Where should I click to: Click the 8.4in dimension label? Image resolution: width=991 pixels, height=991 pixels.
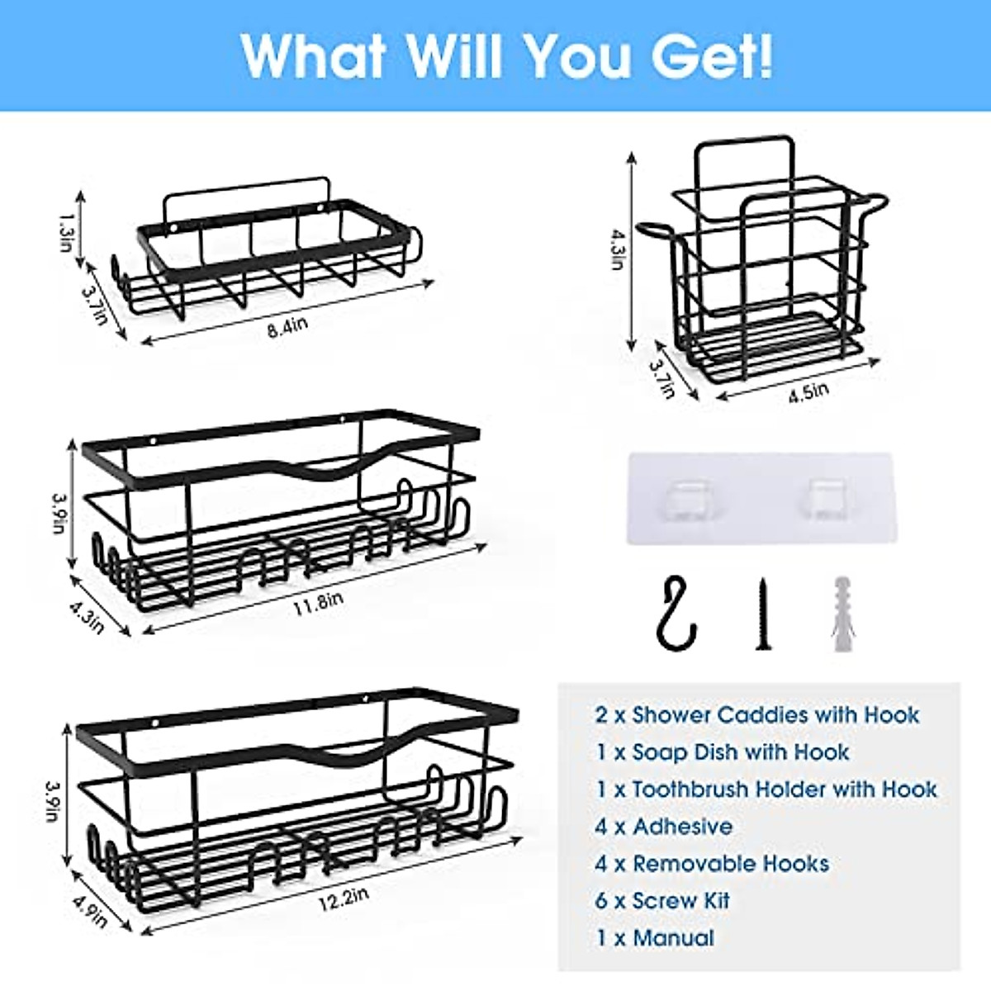pyautogui.click(x=287, y=327)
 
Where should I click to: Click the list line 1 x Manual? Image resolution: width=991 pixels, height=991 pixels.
pyautogui.click(x=654, y=938)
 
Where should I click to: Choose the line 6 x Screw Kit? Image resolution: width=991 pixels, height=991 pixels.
pyautogui.click(x=662, y=901)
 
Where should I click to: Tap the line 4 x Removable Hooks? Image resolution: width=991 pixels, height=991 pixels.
pyautogui.click(x=711, y=864)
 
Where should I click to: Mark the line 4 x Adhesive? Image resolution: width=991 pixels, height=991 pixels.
pyautogui.click(x=663, y=827)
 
